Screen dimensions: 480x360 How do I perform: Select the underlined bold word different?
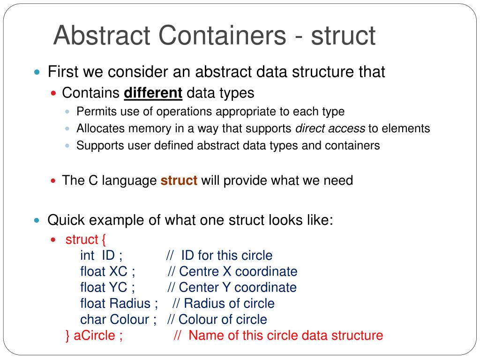click(x=153, y=93)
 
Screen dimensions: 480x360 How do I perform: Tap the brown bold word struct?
click(x=179, y=180)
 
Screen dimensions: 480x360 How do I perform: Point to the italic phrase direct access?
click(x=330, y=128)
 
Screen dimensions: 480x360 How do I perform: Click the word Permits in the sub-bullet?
click(x=93, y=112)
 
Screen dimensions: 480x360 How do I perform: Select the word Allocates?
click(x=98, y=128)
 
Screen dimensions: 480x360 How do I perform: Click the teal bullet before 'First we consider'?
click(x=37, y=72)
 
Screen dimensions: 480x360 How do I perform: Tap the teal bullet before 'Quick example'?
click(x=37, y=220)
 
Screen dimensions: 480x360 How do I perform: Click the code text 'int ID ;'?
click(x=101, y=255)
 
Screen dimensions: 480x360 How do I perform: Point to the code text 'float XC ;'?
click(x=108, y=271)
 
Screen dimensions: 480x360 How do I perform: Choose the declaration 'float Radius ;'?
click(x=119, y=303)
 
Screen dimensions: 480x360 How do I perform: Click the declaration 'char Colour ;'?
click(x=118, y=320)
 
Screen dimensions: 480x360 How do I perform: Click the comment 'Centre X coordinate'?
click(x=238, y=271)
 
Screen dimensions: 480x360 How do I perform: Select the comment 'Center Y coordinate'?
click(x=238, y=287)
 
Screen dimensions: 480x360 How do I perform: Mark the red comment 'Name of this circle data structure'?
click(x=286, y=336)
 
